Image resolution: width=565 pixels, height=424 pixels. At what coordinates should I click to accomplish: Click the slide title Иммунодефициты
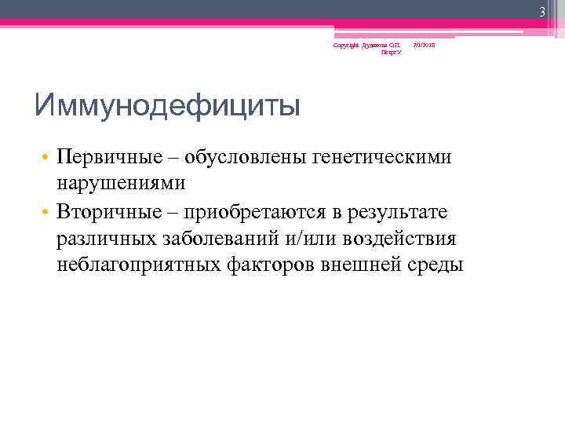[167, 105]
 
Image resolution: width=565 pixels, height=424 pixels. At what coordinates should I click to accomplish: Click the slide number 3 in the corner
[541, 10]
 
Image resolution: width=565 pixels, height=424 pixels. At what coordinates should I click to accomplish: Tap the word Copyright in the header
[344, 46]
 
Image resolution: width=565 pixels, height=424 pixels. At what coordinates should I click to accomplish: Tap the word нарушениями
[121, 183]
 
